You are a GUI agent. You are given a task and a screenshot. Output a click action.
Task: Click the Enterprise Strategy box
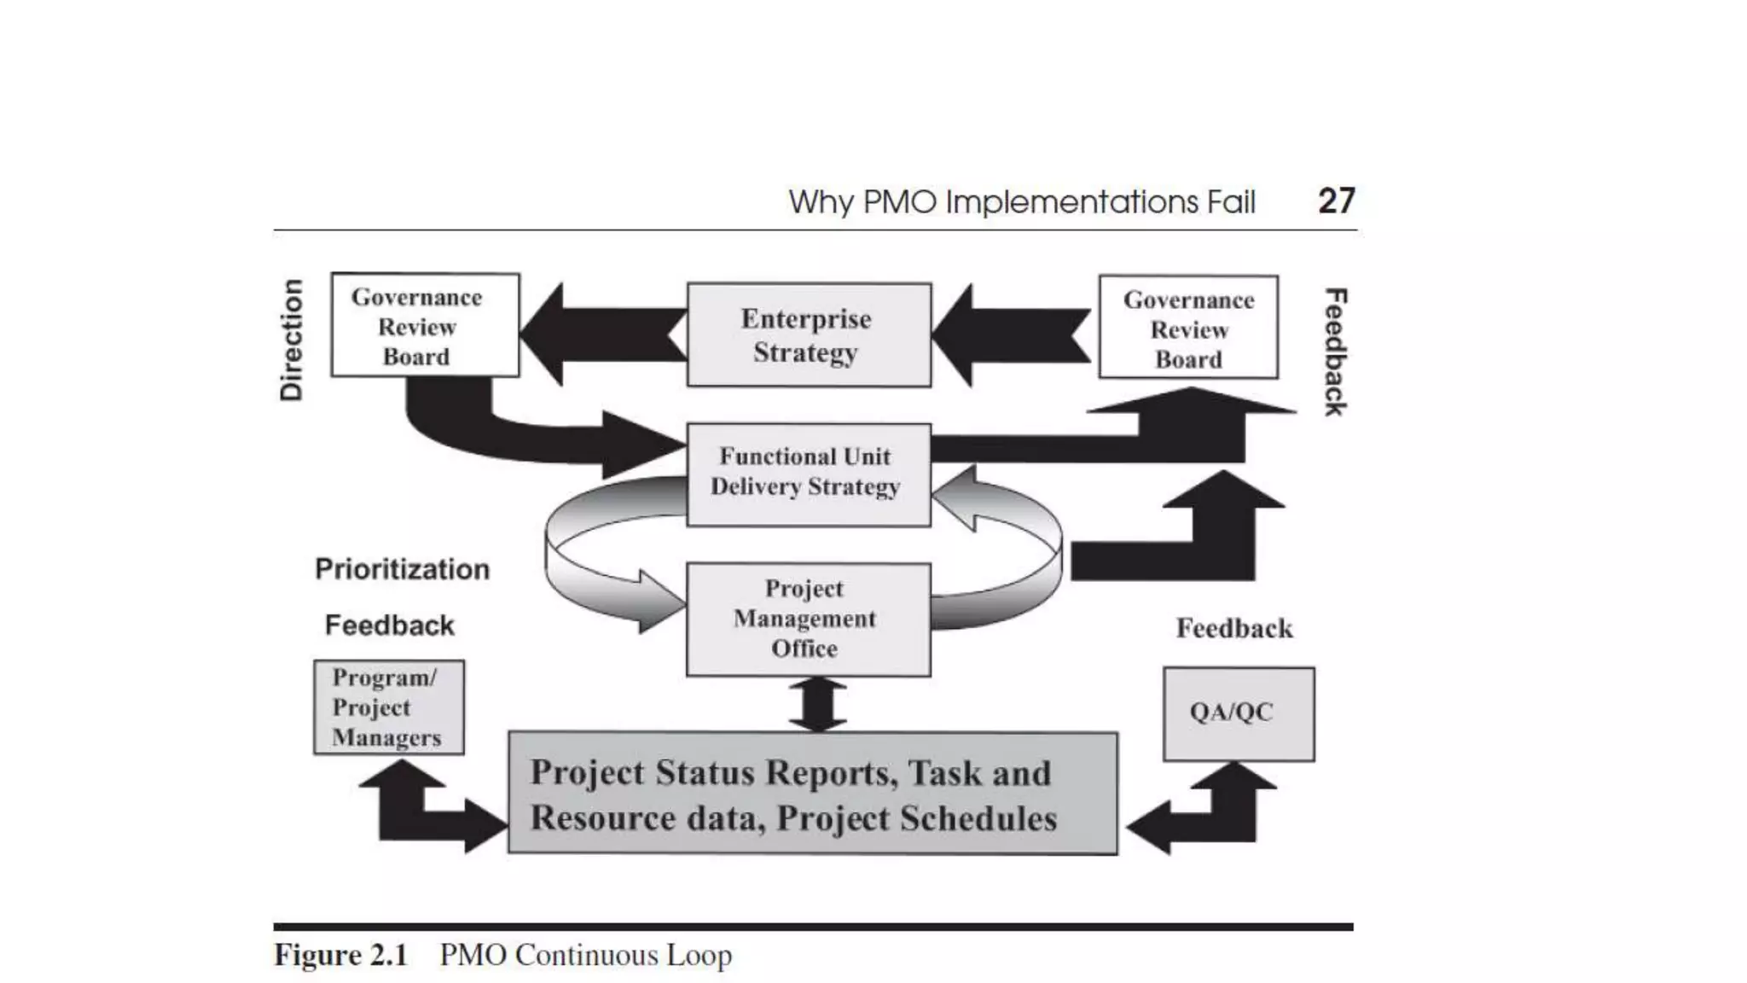pos(808,334)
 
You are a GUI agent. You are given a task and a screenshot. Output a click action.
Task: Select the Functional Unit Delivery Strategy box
pos(808,474)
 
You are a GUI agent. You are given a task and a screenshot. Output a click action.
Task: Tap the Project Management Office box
pos(808,619)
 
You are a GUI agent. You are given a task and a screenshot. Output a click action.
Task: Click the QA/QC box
pos(1238,713)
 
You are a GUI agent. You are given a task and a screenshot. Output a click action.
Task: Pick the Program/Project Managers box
pos(389,707)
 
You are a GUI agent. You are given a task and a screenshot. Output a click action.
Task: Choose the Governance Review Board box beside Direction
pos(425,325)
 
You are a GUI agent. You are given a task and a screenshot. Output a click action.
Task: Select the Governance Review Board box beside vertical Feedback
pos(1188,327)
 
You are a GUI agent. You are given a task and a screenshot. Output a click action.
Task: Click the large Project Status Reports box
pos(812,794)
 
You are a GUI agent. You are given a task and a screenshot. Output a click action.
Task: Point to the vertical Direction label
pos(292,340)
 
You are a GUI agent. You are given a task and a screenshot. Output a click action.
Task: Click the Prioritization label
pos(403,569)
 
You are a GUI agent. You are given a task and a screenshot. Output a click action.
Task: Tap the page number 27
pos(1336,201)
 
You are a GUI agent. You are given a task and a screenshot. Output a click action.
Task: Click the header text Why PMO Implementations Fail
pos(1021,202)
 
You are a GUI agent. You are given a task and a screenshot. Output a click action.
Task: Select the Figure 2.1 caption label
pos(341,955)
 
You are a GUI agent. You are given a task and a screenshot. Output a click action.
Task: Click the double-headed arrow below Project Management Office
pos(817,704)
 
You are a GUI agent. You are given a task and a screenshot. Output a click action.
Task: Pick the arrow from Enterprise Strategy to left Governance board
pos(601,334)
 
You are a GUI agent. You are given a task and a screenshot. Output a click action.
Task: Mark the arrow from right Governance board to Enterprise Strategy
pos(1013,334)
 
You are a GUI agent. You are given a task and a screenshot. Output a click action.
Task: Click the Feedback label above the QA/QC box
pos(1234,629)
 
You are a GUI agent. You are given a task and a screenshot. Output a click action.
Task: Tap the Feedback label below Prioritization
pos(390,625)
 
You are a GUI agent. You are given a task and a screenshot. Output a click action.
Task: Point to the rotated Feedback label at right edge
pos(1335,352)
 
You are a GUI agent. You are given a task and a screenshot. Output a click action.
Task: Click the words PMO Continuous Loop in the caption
pos(585,955)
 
